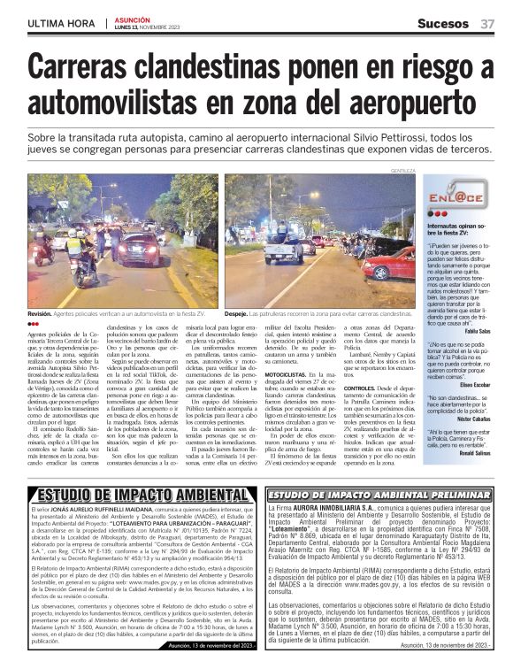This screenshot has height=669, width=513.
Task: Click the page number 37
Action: (487, 24)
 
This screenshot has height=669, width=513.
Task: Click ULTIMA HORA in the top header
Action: (62, 24)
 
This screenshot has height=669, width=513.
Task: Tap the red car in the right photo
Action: (389, 265)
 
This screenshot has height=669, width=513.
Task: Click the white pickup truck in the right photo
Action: (284, 250)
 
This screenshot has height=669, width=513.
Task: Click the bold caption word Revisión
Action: (40, 313)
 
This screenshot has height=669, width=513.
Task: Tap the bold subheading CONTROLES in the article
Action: (360, 388)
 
